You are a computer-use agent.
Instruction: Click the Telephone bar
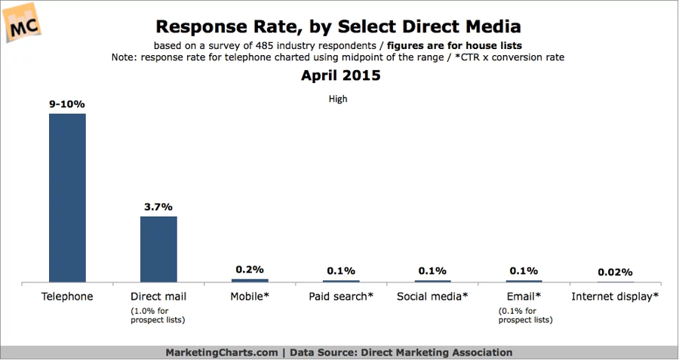click(x=67, y=198)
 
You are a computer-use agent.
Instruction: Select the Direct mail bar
click(x=158, y=249)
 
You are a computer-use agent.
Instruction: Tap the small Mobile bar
click(x=249, y=280)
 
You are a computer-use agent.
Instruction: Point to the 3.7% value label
click(x=158, y=207)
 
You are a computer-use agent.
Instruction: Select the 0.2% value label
click(x=249, y=269)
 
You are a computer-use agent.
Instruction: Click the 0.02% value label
click(x=613, y=272)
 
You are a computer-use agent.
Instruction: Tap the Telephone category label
click(x=67, y=297)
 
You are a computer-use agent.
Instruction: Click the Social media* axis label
click(x=432, y=297)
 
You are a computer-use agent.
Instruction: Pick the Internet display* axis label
click(x=615, y=297)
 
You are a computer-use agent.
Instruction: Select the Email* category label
click(x=523, y=297)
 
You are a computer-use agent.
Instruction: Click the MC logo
click(x=24, y=23)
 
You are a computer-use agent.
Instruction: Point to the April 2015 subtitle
click(x=340, y=75)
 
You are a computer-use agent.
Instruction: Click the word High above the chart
click(x=338, y=98)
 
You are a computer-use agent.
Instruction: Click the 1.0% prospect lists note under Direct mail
click(x=158, y=316)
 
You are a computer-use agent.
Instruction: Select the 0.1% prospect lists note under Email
click(x=523, y=316)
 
